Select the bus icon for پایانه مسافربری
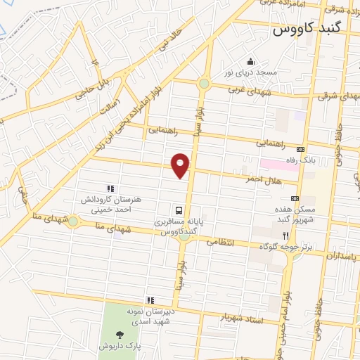pos(179,210)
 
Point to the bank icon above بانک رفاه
pos(301,149)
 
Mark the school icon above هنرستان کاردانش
pos(110,188)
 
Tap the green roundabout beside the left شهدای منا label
pos(72,221)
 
